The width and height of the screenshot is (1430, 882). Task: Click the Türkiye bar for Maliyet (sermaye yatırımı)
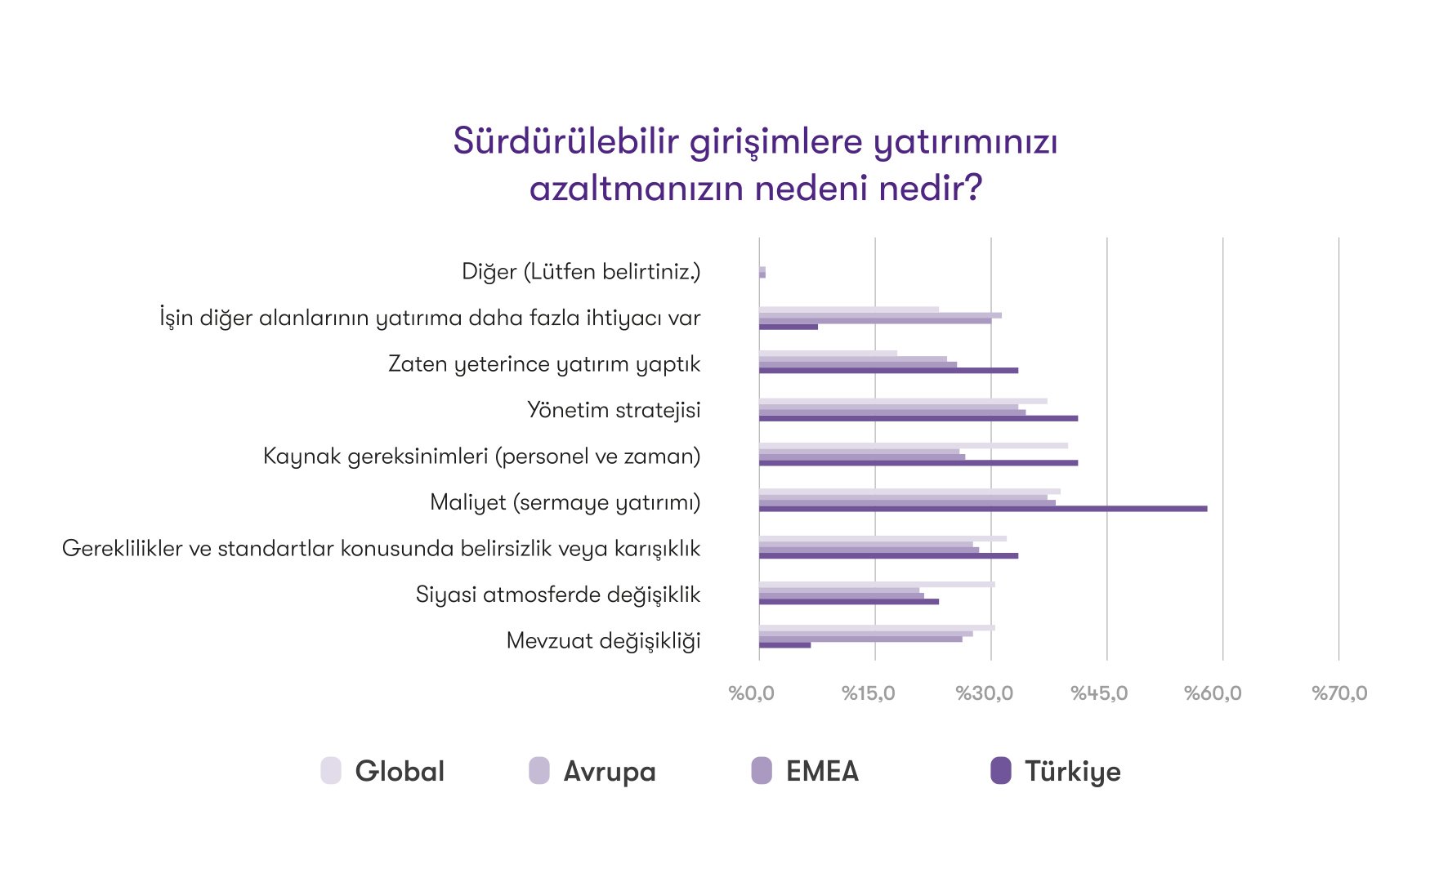[x=983, y=509]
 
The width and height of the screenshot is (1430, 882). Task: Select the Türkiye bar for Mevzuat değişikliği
[x=785, y=645]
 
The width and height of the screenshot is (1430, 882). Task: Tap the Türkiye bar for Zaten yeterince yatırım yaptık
[x=889, y=371]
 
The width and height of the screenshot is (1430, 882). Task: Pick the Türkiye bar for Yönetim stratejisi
[x=918, y=418]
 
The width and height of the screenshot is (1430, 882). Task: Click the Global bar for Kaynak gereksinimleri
[x=914, y=446]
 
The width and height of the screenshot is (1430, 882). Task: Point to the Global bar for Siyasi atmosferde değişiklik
[x=877, y=585]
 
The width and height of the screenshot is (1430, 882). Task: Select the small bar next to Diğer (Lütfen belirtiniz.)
[x=762, y=272]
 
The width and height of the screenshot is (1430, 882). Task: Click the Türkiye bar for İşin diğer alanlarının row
[x=789, y=327]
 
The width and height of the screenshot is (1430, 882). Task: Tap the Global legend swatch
[x=331, y=770]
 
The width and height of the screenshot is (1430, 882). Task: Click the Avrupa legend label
[x=610, y=771]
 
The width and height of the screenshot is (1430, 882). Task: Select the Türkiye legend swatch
[x=1001, y=770]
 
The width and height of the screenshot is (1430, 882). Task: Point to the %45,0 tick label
[x=1099, y=693]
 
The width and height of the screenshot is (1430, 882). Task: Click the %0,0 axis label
[x=752, y=693]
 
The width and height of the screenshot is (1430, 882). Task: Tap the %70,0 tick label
[x=1339, y=693]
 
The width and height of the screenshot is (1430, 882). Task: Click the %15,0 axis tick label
[x=869, y=693]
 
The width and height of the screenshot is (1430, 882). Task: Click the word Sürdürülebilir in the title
[x=566, y=141]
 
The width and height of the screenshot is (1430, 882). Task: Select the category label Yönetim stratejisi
[x=614, y=410]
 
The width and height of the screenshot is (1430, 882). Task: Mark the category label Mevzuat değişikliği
[x=604, y=640]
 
